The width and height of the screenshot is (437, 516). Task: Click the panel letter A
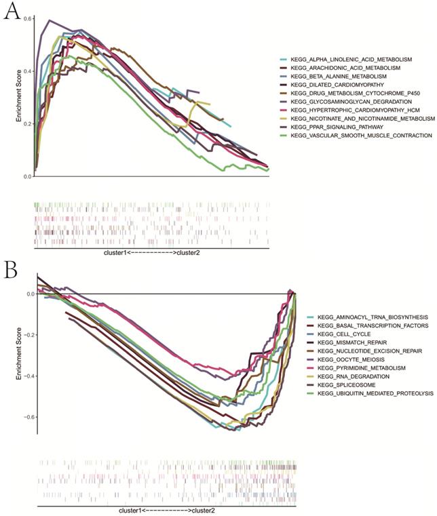12,14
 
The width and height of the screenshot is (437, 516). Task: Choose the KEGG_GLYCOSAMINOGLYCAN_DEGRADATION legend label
354,101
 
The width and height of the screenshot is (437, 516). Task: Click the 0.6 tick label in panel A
27,18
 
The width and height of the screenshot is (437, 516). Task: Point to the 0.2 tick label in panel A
27,123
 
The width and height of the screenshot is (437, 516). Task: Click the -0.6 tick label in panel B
25,416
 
